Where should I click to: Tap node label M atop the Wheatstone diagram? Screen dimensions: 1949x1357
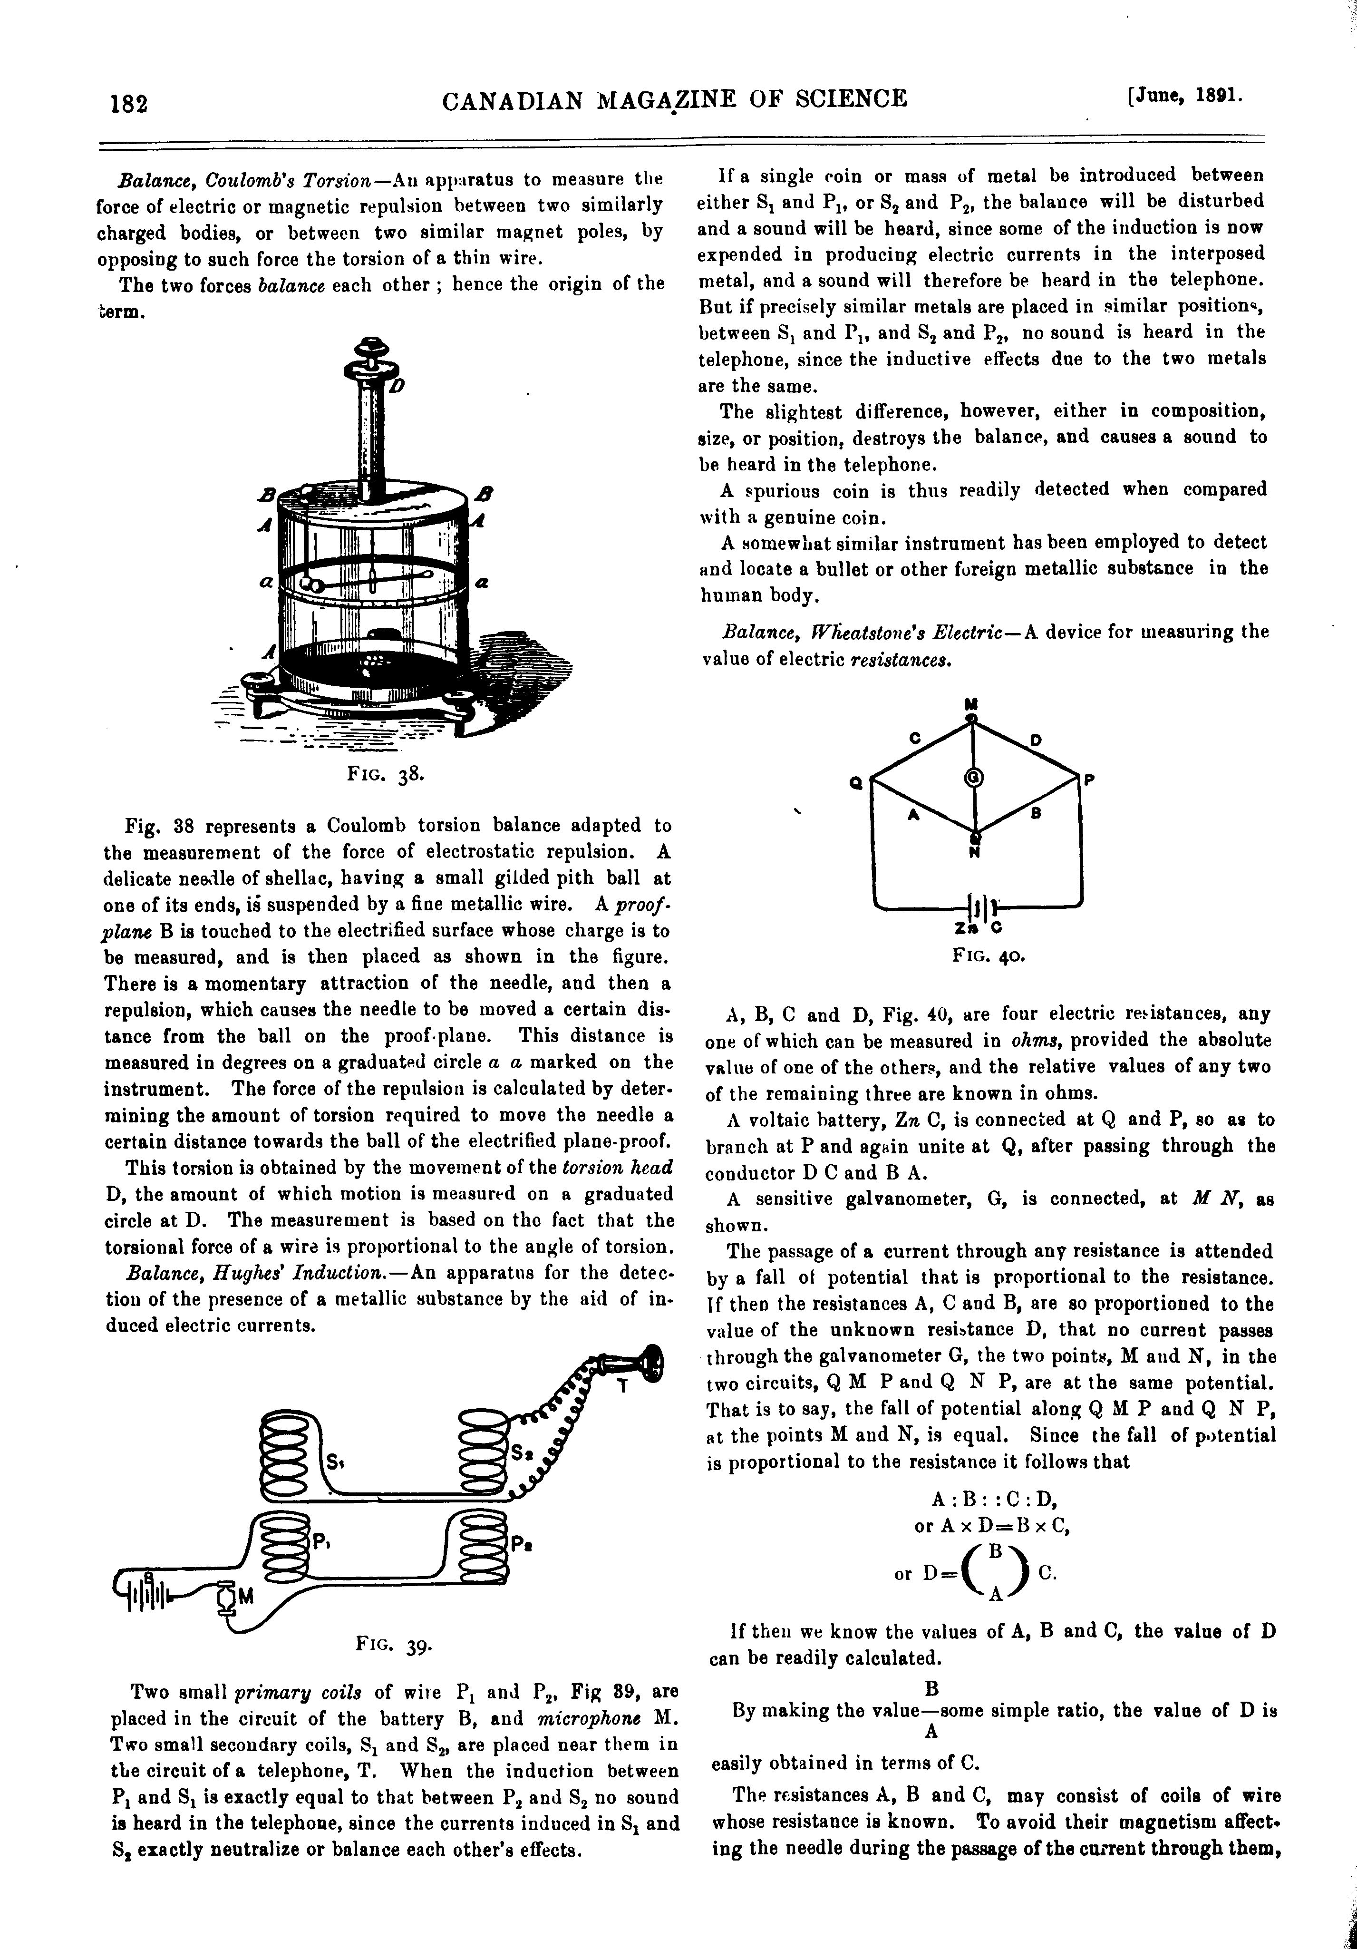pos(972,704)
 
